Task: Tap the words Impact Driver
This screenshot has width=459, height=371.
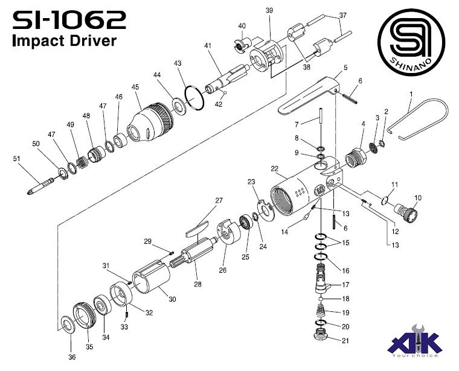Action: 63,42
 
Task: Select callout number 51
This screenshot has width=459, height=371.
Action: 16,159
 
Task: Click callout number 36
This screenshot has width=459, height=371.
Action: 72,357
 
